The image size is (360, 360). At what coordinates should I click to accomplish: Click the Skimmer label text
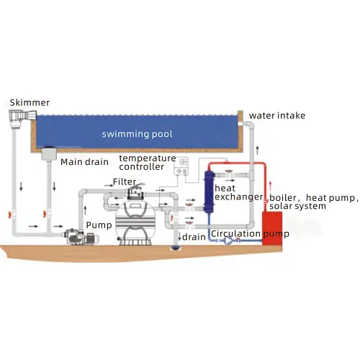point(30,103)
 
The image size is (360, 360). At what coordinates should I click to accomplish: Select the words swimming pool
point(138,134)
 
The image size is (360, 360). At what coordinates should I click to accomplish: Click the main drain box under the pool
point(49,153)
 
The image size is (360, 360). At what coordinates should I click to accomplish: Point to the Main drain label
point(84,162)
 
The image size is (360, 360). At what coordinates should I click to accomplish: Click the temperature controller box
point(181,166)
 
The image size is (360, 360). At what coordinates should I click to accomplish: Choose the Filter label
point(125,181)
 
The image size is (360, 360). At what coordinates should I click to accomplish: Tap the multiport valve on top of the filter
point(136,192)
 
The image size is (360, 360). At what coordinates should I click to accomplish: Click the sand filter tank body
point(135,222)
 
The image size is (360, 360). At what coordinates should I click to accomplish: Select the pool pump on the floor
point(81,237)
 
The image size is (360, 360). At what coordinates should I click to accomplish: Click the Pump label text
point(99,225)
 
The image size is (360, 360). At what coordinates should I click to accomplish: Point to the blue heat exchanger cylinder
point(209,192)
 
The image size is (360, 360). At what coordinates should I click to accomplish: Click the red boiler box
point(272,228)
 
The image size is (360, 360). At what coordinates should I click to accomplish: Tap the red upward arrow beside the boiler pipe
point(271,186)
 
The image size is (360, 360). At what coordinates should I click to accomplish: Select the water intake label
point(277,116)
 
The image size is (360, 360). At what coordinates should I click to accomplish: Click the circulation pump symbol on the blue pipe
point(228,240)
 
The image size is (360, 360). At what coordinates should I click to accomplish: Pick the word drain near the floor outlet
point(194,237)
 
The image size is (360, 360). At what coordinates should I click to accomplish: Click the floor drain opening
point(176,248)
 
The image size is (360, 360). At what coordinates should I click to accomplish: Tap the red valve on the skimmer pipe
point(10,215)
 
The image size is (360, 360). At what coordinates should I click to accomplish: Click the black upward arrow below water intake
point(258,150)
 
